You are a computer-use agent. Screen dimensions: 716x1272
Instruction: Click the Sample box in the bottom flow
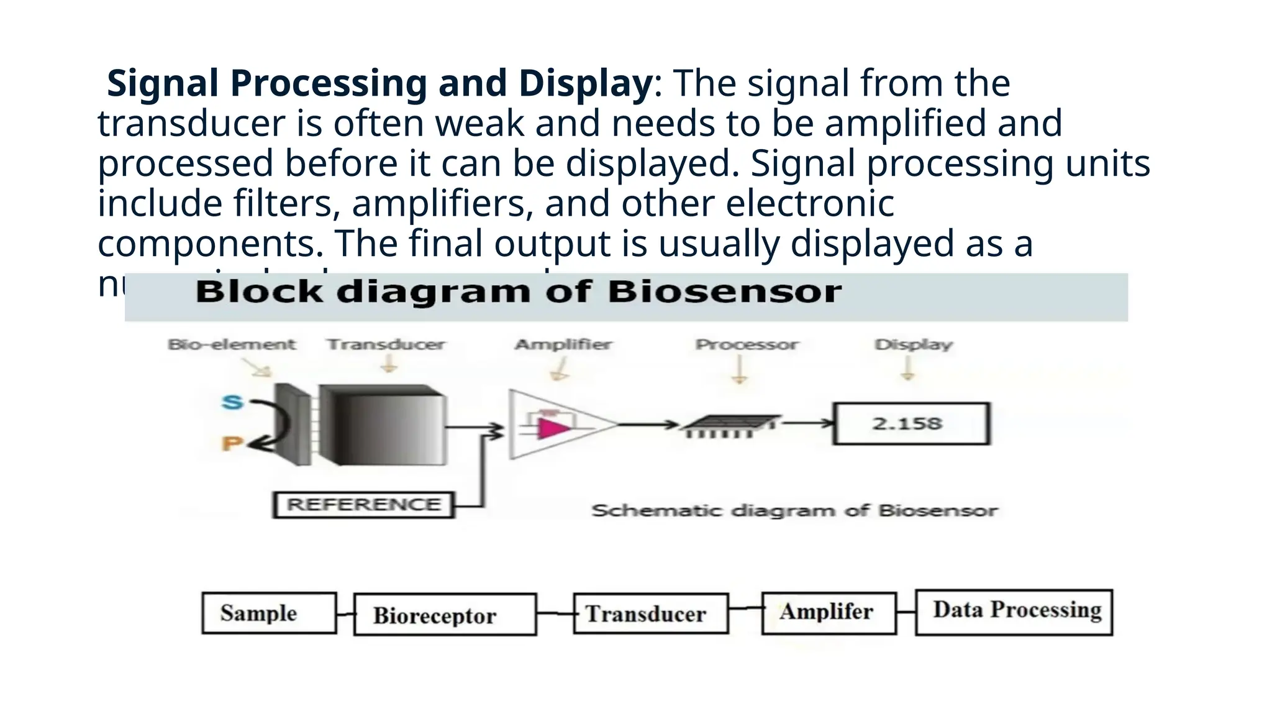coord(269,613)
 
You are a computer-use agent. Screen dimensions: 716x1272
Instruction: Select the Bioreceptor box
coord(445,615)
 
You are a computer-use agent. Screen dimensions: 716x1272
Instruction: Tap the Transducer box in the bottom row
coord(650,613)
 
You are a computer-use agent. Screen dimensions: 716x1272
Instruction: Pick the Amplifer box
coord(829,612)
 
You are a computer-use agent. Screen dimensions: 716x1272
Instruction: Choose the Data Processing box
coord(1014,612)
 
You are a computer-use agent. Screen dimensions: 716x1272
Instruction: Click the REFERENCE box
coord(363,504)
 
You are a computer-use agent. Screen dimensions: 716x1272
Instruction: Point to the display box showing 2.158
coord(911,424)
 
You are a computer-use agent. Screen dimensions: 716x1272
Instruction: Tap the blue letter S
coord(232,402)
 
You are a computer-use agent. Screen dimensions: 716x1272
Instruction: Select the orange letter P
coord(231,444)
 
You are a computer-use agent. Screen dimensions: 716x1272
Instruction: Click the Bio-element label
coord(232,344)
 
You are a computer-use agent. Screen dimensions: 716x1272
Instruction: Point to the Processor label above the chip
coord(746,344)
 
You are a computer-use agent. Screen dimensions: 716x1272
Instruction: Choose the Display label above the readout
coord(913,344)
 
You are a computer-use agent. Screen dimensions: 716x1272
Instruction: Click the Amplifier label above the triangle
coord(563,344)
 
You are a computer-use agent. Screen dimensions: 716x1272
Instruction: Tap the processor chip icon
coord(729,425)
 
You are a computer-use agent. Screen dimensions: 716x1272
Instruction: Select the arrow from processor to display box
coord(807,424)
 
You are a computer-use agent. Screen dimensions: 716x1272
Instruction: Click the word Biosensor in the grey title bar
coord(725,292)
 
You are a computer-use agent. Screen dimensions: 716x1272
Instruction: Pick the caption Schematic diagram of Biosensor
coord(794,511)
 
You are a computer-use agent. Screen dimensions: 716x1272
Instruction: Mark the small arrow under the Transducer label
coord(389,365)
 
